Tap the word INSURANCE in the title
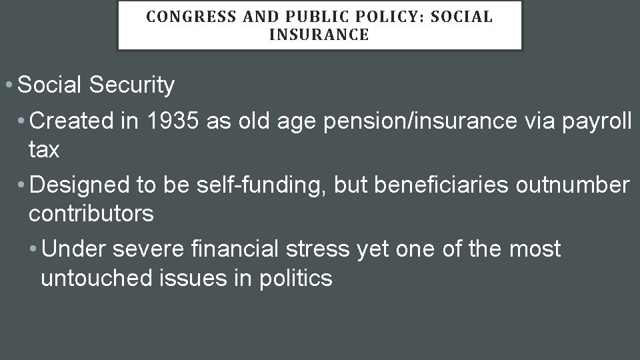tap(319, 35)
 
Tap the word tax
tap(44, 150)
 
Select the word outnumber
tap(573, 185)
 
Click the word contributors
tap(91, 214)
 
